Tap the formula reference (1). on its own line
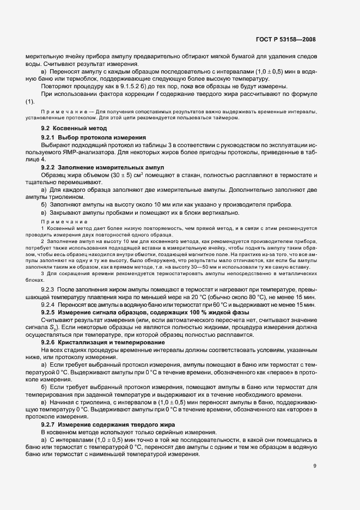[30, 102]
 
